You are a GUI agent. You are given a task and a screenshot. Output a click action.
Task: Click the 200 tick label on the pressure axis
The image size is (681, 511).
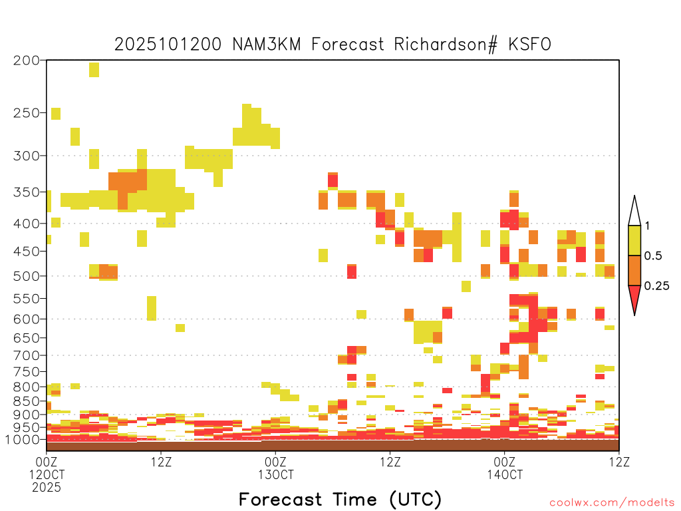[26, 61]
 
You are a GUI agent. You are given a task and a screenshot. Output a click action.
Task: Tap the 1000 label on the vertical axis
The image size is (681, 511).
[22, 439]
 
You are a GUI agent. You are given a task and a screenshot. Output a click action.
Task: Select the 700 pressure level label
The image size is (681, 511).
[26, 355]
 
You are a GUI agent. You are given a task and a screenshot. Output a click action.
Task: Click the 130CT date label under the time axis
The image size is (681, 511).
[276, 474]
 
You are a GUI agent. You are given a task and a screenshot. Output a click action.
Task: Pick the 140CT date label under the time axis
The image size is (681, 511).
[505, 474]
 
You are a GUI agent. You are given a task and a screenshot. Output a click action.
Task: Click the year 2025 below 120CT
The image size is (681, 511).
[47, 487]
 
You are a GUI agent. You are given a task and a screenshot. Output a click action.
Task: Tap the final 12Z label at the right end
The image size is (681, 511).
[619, 462]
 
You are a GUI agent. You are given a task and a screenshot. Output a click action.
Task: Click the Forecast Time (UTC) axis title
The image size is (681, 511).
[340, 499]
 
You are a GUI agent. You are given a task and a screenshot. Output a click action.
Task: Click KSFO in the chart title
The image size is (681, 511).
[530, 45]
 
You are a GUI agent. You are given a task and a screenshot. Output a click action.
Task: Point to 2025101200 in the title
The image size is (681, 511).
[168, 45]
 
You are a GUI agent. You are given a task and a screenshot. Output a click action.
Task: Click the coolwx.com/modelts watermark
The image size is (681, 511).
[613, 502]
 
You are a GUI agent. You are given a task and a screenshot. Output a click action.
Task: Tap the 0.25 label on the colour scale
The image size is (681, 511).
[656, 285]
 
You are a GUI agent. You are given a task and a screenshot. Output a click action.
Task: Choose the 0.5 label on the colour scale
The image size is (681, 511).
[653, 255]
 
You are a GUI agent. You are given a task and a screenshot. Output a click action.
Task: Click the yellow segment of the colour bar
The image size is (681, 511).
[634, 240]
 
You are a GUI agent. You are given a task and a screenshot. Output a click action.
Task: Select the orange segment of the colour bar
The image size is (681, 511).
[634, 270]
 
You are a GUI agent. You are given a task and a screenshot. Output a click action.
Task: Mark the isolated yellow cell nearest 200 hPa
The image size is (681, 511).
[94, 69]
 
